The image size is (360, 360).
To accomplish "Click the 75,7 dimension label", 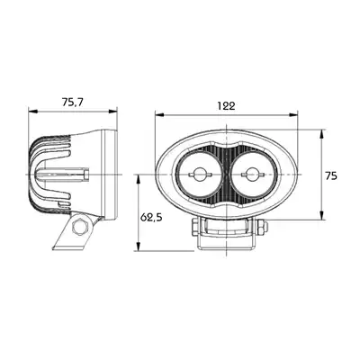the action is coord(72,103).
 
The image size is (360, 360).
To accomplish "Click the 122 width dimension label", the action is coord(226,105).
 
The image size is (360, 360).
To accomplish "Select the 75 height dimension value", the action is coord(331,175).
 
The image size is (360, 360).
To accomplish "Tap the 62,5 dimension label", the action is coord(151,217).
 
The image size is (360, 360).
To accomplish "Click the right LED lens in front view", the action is coord(254,175).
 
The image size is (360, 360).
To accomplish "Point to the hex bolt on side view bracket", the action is coord(80,227).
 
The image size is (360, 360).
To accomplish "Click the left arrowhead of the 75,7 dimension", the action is coord(32,112).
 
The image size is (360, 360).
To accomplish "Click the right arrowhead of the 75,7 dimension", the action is coord(112,112).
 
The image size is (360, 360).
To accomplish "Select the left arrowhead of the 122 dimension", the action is coord(159,115).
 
